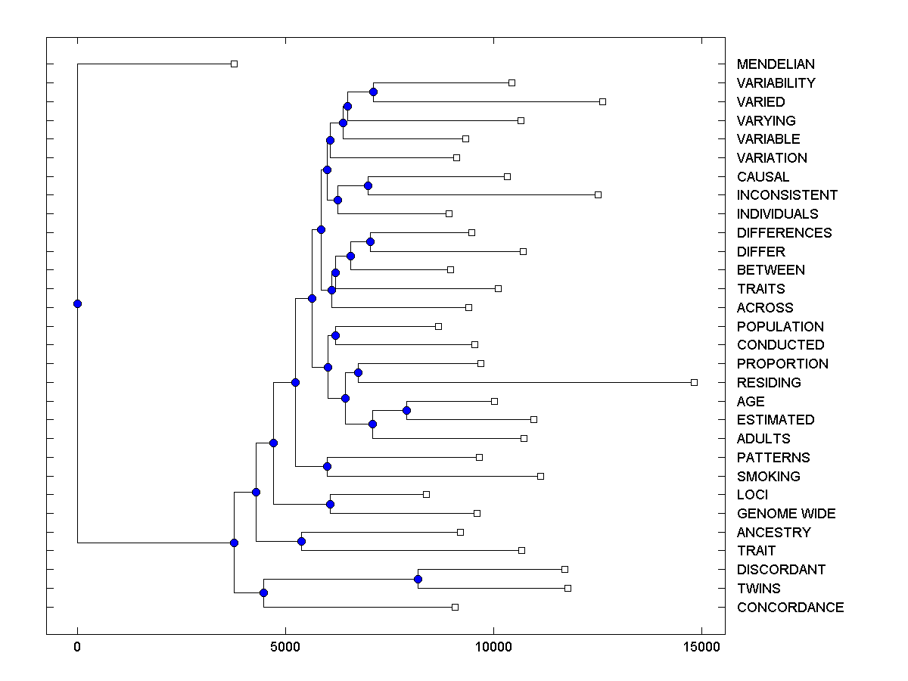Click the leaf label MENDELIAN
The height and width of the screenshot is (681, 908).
(x=776, y=64)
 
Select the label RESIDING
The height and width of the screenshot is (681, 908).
(x=768, y=383)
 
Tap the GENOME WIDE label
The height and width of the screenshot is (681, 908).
(x=785, y=514)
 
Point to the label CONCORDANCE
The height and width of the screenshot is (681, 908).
(x=790, y=608)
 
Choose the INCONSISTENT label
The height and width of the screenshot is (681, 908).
(x=787, y=195)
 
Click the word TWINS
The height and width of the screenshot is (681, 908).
(x=758, y=589)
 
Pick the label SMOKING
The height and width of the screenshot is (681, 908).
(x=768, y=477)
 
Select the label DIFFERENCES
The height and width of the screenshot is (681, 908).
(x=784, y=233)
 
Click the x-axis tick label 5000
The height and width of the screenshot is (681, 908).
(x=285, y=647)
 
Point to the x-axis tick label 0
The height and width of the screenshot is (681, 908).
(x=77, y=647)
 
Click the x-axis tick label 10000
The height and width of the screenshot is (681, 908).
(x=493, y=647)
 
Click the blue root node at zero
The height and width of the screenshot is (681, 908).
(x=77, y=303)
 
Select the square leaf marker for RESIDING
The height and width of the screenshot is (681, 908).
(x=694, y=382)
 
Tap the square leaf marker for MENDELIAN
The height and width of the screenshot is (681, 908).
(x=234, y=64)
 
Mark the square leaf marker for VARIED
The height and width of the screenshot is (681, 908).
(x=602, y=101)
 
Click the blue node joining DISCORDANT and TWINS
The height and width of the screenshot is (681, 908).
(x=418, y=579)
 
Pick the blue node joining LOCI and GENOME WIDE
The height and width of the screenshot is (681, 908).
(x=330, y=504)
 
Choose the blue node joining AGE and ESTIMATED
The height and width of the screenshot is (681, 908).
(x=406, y=410)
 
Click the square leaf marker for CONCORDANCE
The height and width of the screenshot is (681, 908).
(x=455, y=607)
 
